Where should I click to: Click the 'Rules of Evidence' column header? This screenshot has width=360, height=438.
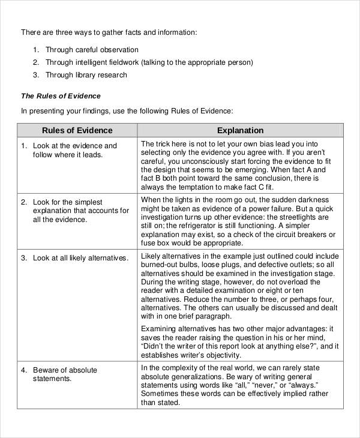tap(77, 130)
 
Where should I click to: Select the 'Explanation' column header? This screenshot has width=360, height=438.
tap(240, 130)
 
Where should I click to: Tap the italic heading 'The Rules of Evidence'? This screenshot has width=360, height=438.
tap(61, 96)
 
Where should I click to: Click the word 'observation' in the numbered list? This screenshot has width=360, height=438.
tap(118, 50)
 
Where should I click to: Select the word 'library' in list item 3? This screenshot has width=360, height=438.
tap(88, 75)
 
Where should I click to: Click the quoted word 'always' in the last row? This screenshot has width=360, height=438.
tap(302, 385)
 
